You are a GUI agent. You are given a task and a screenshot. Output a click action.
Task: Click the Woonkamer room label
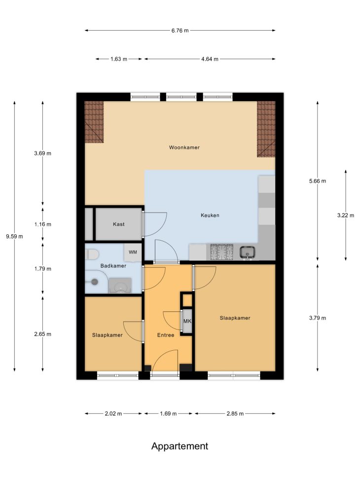pos(184,147)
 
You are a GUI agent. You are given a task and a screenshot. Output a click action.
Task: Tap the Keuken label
pos(210,215)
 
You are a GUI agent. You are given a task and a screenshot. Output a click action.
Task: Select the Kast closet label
pos(119,224)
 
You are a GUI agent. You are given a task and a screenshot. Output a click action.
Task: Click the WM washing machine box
pos(133,252)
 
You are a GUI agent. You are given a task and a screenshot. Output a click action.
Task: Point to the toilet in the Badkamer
pos(92,254)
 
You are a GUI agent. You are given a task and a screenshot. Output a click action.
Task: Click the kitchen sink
pos(248,253)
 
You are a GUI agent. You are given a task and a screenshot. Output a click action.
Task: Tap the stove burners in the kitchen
pos(221,252)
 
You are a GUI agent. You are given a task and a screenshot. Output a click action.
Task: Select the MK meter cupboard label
pos(187,321)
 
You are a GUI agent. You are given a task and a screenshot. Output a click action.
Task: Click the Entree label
pos(166,335)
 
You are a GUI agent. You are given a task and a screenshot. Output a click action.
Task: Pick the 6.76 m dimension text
pos(180,30)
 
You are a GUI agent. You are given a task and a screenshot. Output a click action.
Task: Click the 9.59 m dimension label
pos(14,236)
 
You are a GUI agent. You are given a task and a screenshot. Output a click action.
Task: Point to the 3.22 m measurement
pos(346,215)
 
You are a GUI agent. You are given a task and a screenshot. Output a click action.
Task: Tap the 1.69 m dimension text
pos(168,413)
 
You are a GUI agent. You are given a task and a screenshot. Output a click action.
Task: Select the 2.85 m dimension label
pos(235,413)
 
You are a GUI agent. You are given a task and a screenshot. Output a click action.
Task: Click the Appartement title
pos(180,446)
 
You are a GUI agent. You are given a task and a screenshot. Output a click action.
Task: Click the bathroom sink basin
pos(120,286)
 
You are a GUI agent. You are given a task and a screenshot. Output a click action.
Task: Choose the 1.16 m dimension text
pos(42,224)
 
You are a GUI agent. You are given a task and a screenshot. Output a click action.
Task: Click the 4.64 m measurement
pos(210,59)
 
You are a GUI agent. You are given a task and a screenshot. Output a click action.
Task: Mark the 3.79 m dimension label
pos(318,318)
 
